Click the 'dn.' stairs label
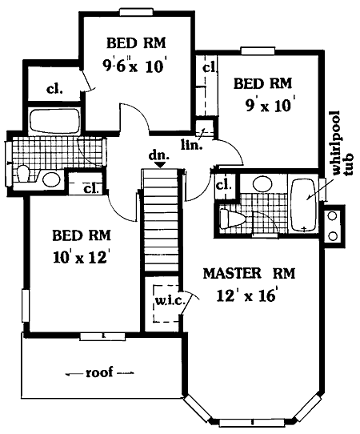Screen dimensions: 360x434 coord(158,155)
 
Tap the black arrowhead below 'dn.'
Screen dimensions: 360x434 coord(160,165)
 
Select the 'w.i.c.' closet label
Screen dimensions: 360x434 coord(170,301)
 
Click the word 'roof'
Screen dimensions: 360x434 coord(99,372)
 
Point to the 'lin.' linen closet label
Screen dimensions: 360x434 coord(191,145)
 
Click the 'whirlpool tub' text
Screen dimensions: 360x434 coord(342,150)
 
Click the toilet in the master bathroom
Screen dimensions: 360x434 coord(233,219)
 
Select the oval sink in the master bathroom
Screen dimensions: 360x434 coord(263,184)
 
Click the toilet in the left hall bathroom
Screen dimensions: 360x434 coord(24,174)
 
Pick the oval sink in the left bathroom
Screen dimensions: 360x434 coord(51,179)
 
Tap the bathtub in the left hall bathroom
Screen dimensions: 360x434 coord(54,121)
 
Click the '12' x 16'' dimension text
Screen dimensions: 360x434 coord(246,295)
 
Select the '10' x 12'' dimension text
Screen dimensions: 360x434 coord(80,257)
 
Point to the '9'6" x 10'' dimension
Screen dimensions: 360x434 coord(135,66)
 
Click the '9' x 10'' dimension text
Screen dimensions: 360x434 coord(269,105)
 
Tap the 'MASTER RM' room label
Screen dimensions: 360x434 coord(249,274)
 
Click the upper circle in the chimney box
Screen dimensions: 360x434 coord(333,215)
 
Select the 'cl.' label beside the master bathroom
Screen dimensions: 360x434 coord(224,185)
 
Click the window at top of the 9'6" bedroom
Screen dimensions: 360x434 coord(136,12)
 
